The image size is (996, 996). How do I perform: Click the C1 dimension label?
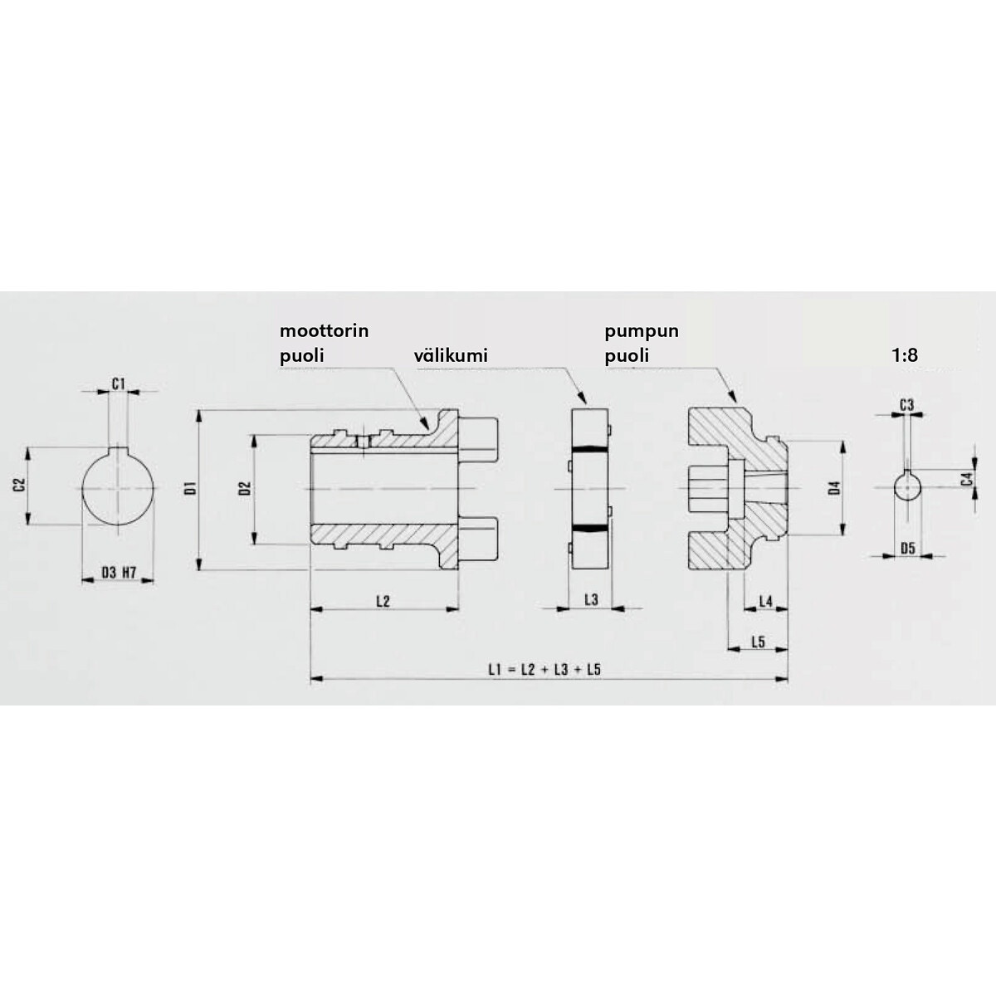119,383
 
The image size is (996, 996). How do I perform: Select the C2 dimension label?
20,486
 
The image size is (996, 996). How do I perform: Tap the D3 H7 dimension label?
119,572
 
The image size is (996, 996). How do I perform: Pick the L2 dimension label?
383,601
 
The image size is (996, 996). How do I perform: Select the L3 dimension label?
591,599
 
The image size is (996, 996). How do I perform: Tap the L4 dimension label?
765,601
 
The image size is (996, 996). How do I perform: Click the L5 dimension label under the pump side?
758,642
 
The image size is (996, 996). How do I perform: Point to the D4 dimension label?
833,488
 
